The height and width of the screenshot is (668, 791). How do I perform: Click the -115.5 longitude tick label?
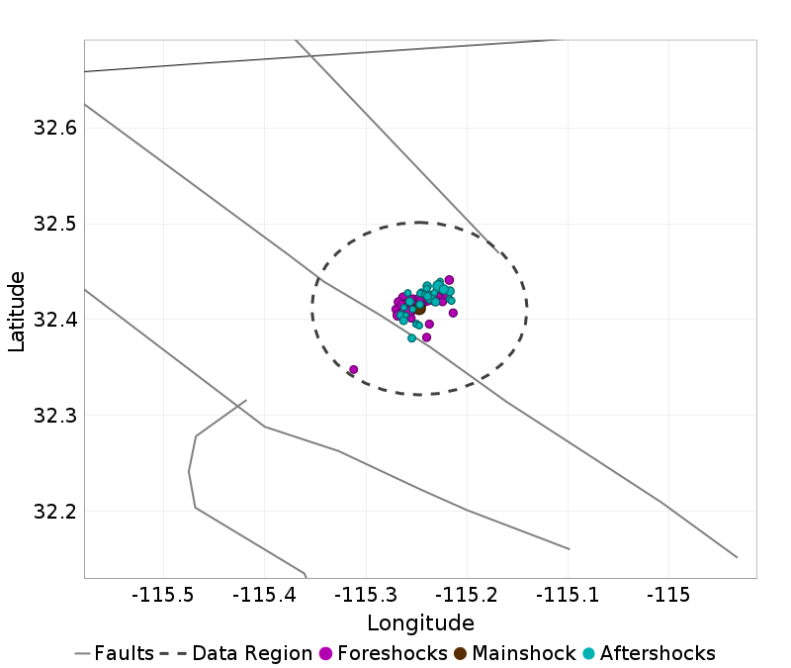[x=164, y=596]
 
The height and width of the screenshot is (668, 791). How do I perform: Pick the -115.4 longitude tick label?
[x=265, y=596]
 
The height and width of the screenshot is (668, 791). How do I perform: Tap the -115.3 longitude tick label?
[x=366, y=596]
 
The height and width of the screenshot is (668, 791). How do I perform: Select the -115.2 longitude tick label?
[x=467, y=596]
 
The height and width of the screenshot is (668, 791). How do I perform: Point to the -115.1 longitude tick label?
[x=568, y=596]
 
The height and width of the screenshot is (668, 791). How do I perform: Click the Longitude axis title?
[x=420, y=623]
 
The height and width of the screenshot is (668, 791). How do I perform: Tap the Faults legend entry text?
[x=124, y=653]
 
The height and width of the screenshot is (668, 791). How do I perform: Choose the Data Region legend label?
[x=253, y=653]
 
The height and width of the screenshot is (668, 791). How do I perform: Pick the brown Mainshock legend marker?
[x=460, y=653]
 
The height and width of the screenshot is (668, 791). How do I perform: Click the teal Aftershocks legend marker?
[x=588, y=653]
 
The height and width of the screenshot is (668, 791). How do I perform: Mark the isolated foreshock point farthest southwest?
[x=353, y=369]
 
